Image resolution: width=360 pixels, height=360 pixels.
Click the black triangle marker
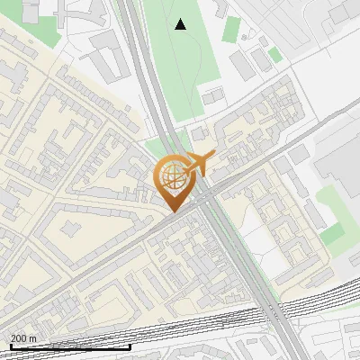pos(181,24)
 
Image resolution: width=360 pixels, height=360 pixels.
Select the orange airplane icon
pos(199,163)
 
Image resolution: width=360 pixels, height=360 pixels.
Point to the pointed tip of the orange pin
pos(170,211)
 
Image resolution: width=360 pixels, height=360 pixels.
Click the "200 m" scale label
pos(23,337)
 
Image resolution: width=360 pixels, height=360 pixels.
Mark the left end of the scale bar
pos(11,346)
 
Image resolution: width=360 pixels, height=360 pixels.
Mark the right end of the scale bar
pos(130,346)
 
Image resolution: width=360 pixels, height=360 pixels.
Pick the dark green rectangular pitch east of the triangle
pos(232,29)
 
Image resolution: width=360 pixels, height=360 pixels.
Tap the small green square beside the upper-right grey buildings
pos(274,54)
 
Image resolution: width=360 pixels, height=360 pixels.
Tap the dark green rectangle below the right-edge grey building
pos(333,234)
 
